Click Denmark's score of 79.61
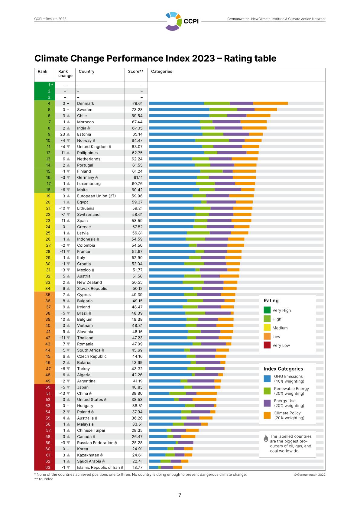coord(137,103)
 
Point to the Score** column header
coord(136,72)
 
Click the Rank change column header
coord(65,74)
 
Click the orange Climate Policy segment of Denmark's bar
coord(270,103)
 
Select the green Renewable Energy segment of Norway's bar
coord(212,140)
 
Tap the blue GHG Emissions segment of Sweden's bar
coord(179,109)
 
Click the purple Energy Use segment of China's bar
coord(191,393)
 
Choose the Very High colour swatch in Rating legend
coord(267,310)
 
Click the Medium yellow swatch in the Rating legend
coord(267,328)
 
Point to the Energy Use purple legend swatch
coord(267,403)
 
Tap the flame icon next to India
coord(89,128)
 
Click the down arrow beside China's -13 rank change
coord(68,393)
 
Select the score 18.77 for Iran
coord(137,467)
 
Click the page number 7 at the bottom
coord(180,495)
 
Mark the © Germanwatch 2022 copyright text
coord(310,475)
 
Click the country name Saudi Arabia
coord(89,461)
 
